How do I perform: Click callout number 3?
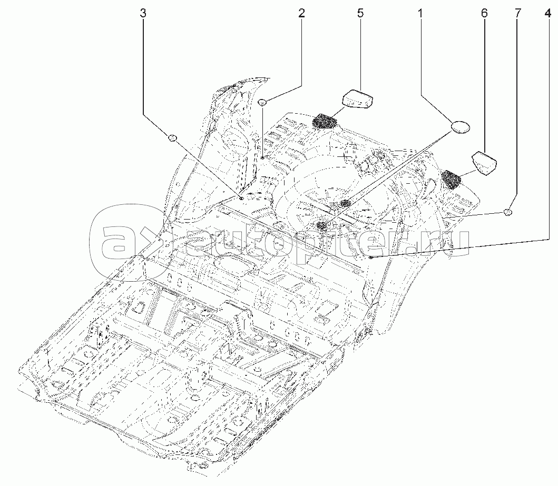143,14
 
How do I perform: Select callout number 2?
301,14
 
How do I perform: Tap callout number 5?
360,14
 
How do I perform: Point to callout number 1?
420,14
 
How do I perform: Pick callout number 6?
484,14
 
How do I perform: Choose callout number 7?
517,14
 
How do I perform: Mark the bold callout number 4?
548,14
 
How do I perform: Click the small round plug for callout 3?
172,139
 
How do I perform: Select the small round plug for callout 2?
263,102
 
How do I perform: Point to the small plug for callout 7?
508,212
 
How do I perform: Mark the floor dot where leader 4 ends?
371,257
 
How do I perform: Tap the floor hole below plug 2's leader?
262,156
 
